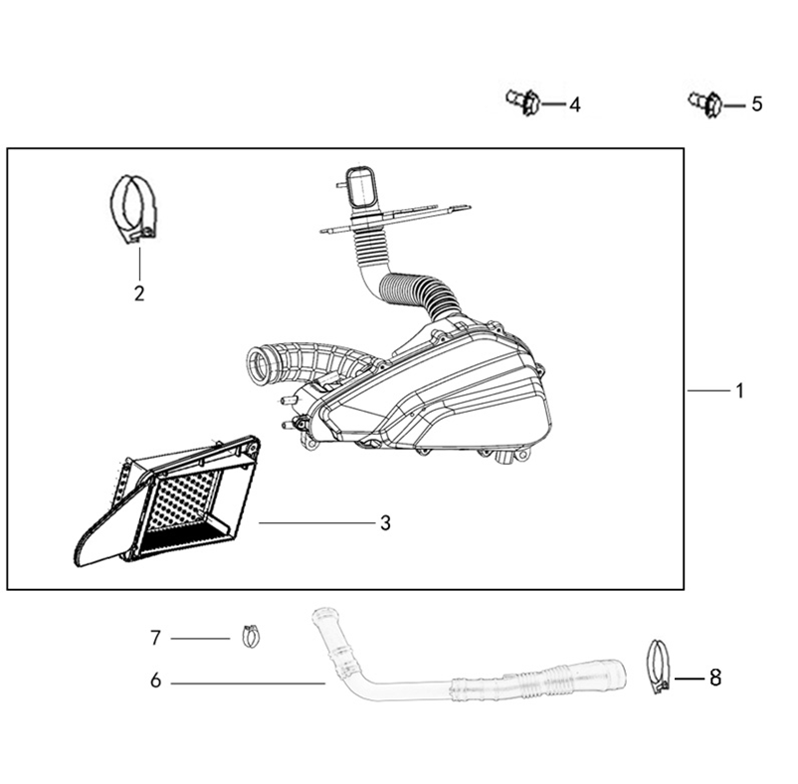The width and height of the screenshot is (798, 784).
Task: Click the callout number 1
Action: [739, 391]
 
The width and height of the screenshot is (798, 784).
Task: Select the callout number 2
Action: [139, 294]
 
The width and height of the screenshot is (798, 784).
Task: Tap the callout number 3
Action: [385, 522]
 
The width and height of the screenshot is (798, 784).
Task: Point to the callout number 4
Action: [574, 104]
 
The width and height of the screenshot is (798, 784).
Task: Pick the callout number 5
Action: [757, 104]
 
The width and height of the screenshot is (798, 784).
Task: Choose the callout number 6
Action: [156, 681]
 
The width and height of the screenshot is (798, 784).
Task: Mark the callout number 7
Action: [156, 638]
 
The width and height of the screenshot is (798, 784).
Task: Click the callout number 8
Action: [715, 678]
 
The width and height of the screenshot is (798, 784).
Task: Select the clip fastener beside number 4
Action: [523, 101]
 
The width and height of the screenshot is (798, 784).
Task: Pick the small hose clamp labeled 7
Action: [251, 637]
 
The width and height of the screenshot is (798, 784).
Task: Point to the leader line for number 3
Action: [317, 522]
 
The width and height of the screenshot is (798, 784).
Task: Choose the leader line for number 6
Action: [248, 684]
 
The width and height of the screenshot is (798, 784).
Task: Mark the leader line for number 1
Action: [707, 391]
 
